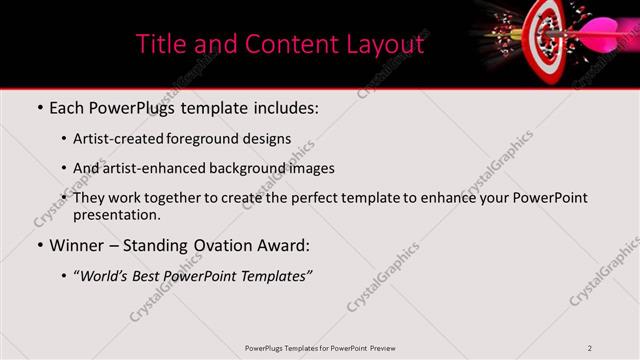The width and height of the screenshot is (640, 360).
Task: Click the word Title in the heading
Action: tap(159, 44)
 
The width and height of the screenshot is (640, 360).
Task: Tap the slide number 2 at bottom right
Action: tap(590, 348)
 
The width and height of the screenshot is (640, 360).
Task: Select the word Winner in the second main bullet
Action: tap(80, 245)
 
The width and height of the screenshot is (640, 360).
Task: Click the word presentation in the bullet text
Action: tap(115, 214)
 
